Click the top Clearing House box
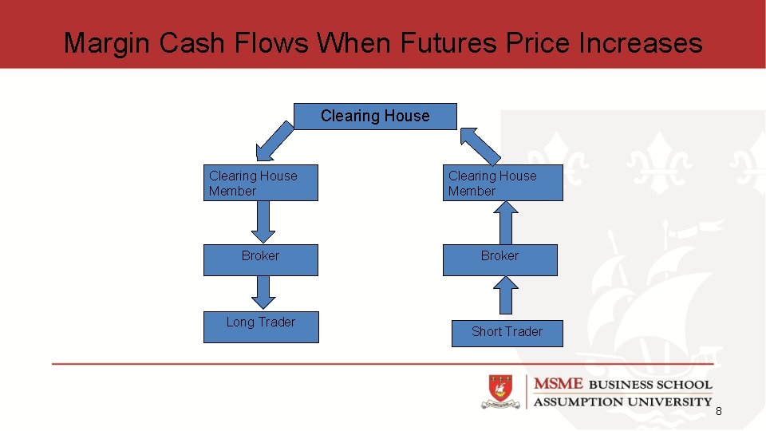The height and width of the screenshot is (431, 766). point(375,117)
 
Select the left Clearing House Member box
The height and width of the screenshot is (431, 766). point(260,183)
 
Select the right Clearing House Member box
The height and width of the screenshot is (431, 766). point(503,183)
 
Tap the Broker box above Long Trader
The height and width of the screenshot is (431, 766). point(260,260)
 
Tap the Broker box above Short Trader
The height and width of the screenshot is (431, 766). point(499,260)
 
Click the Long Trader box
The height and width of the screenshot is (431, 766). point(261,326)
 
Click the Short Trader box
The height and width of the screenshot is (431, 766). point(507,332)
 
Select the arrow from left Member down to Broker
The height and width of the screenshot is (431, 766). point(263,222)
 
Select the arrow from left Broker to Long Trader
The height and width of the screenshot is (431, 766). point(263,292)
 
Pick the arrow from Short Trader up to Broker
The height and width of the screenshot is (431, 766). point(506,296)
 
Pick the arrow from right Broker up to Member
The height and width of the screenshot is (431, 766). point(504,223)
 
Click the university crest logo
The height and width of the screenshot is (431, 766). point(501,392)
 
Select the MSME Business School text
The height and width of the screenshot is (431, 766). point(622,384)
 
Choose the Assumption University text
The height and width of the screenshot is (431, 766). point(622,401)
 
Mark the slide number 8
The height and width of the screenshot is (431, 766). point(718,411)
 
